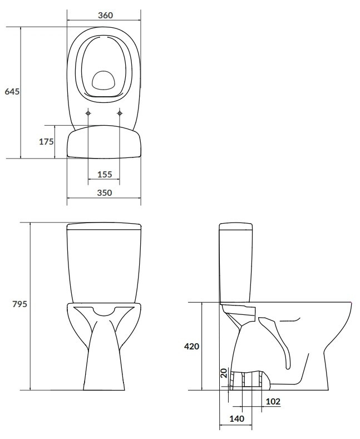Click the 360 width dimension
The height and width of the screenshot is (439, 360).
click(x=106, y=15)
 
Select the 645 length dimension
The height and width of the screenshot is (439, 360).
click(x=12, y=92)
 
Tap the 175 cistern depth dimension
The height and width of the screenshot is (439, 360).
click(x=46, y=142)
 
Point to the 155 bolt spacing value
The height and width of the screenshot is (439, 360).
click(x=105, y=174)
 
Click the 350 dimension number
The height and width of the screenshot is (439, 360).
click(x=105, y=193)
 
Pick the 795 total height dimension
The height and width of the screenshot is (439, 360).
click(x=19, y=304)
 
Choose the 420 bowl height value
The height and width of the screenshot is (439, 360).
click(x=192, y=346)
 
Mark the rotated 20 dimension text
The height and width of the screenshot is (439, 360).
click(x=224, y=373)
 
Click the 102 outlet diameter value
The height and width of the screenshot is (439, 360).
click(x=273, y=402)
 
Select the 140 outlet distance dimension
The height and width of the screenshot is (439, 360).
click(x=237, y=419)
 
